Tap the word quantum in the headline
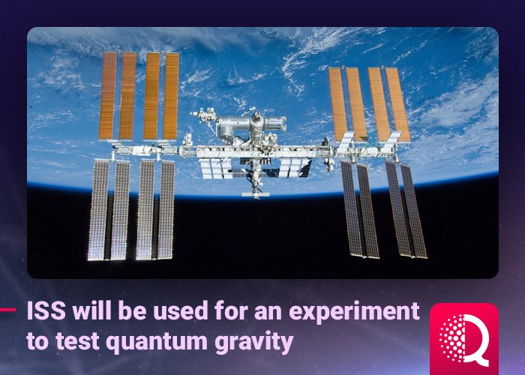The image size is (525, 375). click(x=132, y=342)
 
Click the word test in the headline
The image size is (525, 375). click(x=71, y=342)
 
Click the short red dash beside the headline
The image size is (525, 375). click(x=8, y=308)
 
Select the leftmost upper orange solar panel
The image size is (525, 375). click(x=107, y=95)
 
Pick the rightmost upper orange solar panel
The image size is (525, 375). click(x=397, y=104)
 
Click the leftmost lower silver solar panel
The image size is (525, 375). click(x=98, y=209)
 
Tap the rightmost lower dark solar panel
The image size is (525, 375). click(x=413, y=210)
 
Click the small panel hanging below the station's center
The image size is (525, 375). click(x=255, y=194)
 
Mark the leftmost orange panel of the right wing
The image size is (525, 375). click(x=337, y=103)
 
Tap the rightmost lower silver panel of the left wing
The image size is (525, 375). click(x=166, y=209)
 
